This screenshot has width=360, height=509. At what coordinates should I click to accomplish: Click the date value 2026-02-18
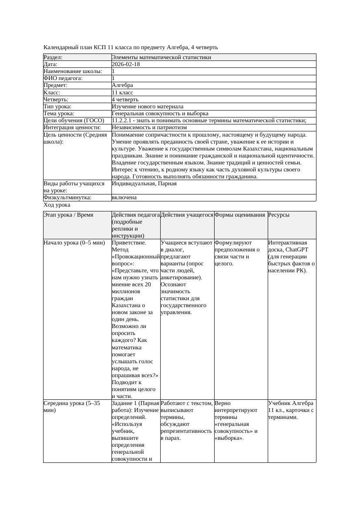point(126,64)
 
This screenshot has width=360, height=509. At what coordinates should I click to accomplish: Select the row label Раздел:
point(53,57)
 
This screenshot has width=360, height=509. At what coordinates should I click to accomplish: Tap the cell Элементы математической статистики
point(161,57)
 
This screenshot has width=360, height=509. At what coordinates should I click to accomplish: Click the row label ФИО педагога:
point(63,78)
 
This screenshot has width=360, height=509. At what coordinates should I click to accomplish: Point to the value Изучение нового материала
point(148,107)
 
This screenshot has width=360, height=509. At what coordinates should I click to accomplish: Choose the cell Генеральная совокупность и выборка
point(160,114)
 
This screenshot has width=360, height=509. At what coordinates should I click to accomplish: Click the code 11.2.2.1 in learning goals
point(123,121)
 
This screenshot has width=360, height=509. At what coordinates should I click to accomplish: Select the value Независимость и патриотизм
point(149,127)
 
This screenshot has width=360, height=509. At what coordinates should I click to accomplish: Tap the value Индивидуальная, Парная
point(144,184)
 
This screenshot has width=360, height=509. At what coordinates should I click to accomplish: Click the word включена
point(124,198)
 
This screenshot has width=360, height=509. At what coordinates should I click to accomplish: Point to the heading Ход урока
point(57,205)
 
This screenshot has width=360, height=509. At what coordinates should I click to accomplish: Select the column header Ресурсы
point(279,215)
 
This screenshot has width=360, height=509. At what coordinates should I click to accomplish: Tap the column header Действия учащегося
point(187,215)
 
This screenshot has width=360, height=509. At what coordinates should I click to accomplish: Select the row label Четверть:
point(56,100)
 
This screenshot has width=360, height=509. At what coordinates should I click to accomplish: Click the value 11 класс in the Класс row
point(122,93)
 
